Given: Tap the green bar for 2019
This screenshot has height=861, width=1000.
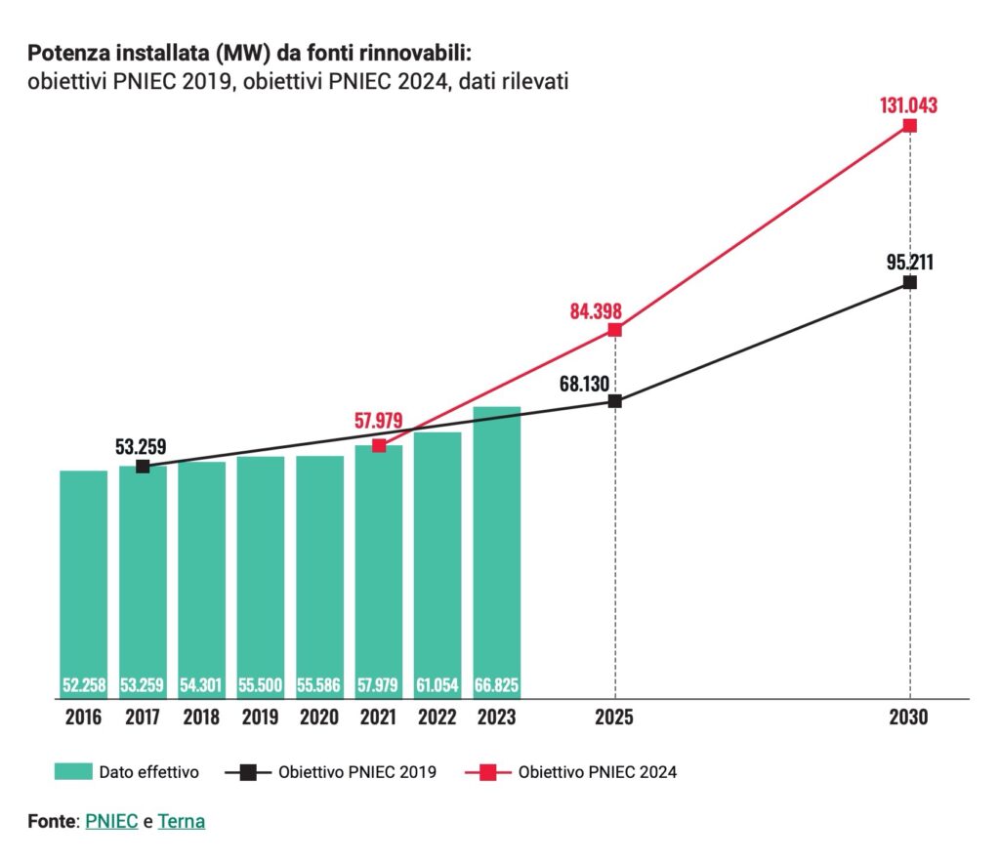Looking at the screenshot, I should [261, 577].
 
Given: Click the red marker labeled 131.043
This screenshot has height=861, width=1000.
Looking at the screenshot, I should [910, 125].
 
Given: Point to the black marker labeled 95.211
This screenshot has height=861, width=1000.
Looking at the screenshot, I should [910, 282].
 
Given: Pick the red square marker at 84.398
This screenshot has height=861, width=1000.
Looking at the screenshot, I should [614, 330].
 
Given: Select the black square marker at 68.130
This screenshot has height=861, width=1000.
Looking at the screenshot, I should [614, 400].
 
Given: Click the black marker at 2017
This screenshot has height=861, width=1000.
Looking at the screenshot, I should [143, 466].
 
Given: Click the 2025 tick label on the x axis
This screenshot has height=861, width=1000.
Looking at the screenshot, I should [614, 717].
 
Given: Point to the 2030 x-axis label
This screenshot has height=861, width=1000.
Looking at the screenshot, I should [909, 717].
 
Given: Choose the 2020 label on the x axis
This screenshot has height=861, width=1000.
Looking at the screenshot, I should [319, 717].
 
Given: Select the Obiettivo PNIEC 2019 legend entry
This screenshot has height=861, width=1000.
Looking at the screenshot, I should [356, 772].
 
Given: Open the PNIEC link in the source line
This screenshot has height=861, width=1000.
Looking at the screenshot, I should [111, 821].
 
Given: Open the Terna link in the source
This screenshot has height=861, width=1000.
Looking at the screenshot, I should [182, 821].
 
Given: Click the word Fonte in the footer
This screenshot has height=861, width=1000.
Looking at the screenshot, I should [52, 821].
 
